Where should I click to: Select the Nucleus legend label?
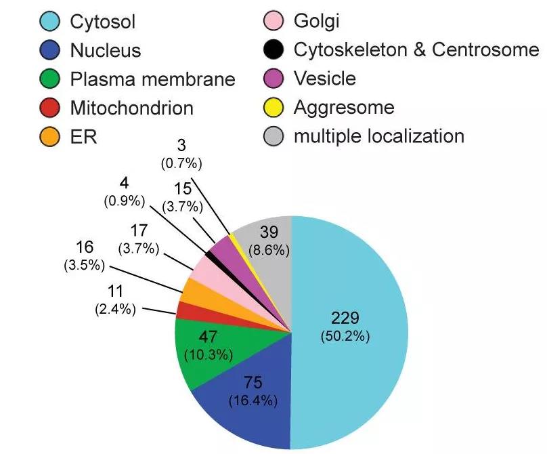tap(106, 50)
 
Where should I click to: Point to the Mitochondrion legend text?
tap(131, 108)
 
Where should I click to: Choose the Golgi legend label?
tap(316, 22)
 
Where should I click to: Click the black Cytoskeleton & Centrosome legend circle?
tap(272, 50)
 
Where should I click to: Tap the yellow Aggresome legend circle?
tap(272, 108)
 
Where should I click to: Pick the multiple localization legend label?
tap(378, 136)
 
